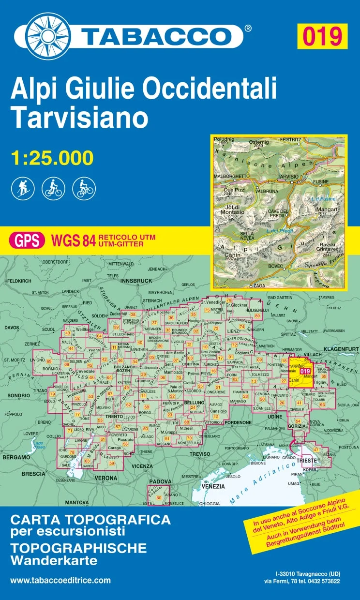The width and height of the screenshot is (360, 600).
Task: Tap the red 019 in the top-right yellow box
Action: pyautogui.click(x=322, y=36)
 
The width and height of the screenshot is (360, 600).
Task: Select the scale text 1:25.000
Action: pyautogui.click(x=52, y=158)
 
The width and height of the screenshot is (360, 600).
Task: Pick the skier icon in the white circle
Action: pyautogui.click(x=22, y=188)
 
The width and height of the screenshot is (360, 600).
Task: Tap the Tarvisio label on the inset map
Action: pyautogui.click(x=288, y=177)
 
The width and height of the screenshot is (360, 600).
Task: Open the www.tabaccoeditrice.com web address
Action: pyautogui.click(x=60, y=580)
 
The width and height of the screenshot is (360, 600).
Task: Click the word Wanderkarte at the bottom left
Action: pyautogui.click(x=54, y=562)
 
